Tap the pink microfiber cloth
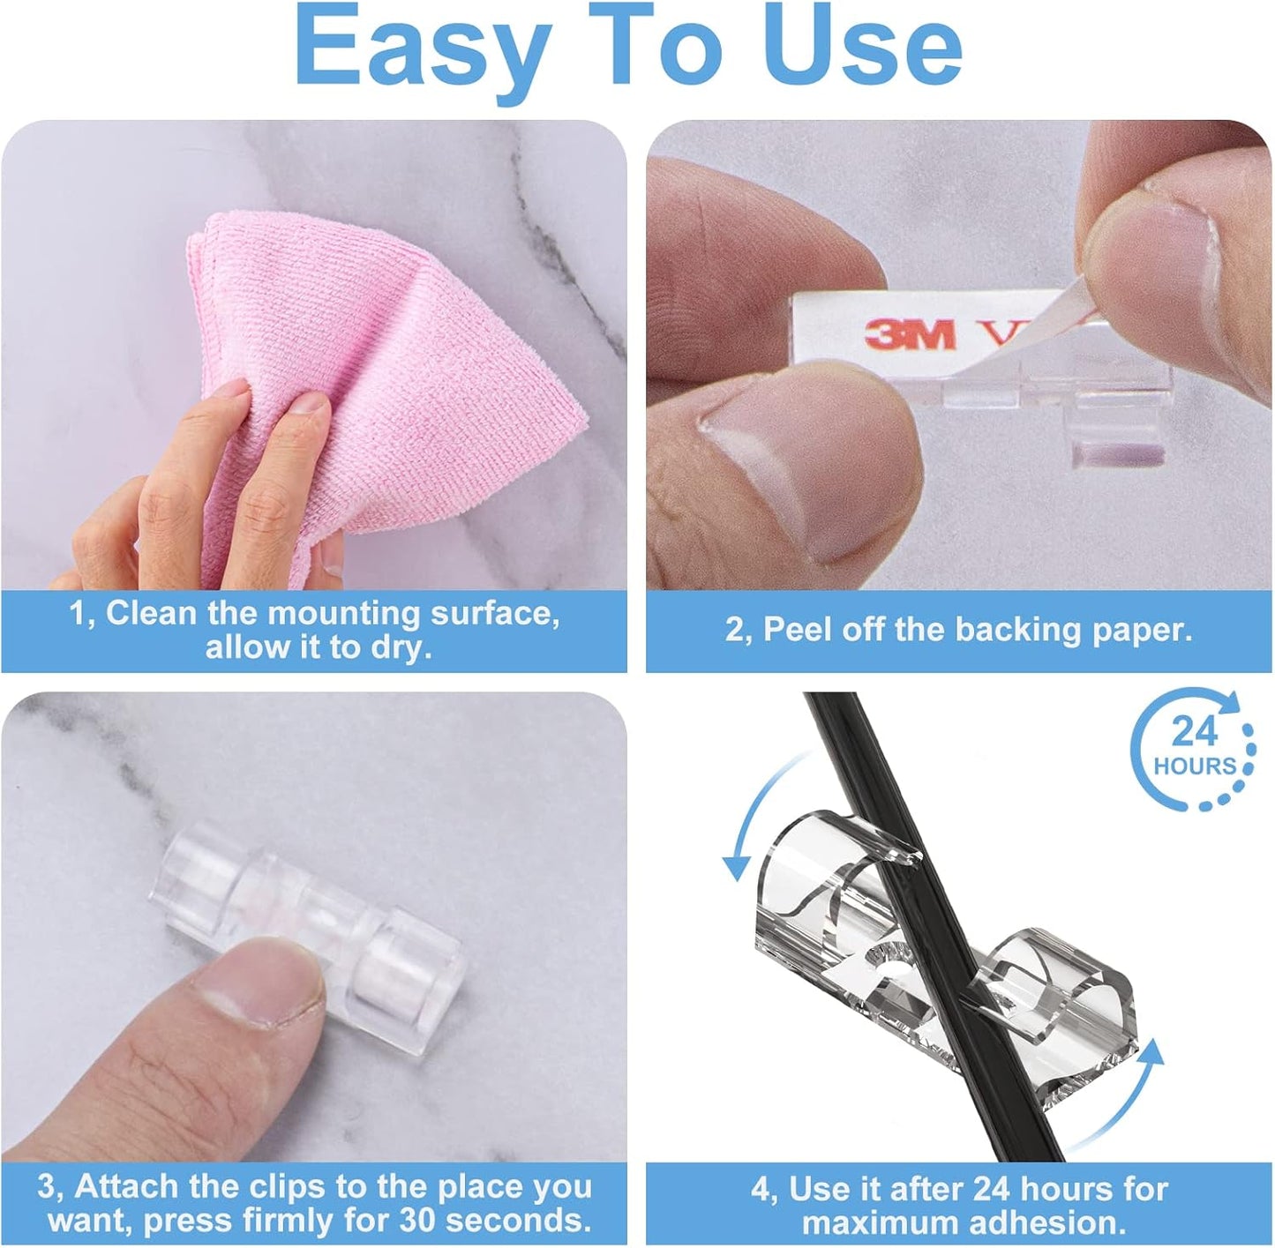tap(388, 370)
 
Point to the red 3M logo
tap(910, 334)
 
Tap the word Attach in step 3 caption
tap(124, 1187)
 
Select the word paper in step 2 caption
tap(1140, 630)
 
